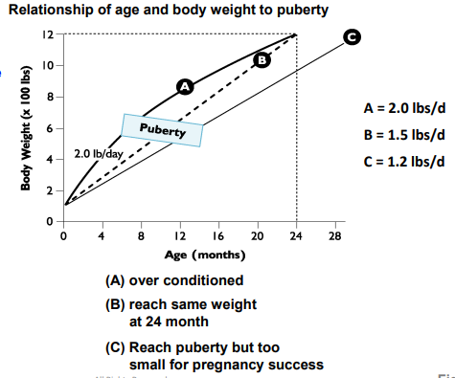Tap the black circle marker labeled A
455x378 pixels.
(186, 86)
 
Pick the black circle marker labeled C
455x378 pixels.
(353, 36)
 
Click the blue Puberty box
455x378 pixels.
(162, 129)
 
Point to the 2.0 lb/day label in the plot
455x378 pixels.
(97, 153)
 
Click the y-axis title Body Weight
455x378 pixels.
(29, 128)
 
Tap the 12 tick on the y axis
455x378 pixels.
(47, 34)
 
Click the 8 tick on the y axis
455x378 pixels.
(51, 97)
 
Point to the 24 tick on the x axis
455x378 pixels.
(296, 235)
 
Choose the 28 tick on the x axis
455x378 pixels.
(334, 235)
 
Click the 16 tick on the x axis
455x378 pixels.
(218, 235)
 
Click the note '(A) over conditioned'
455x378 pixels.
(174, 280)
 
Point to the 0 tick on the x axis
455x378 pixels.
(63, 235)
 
